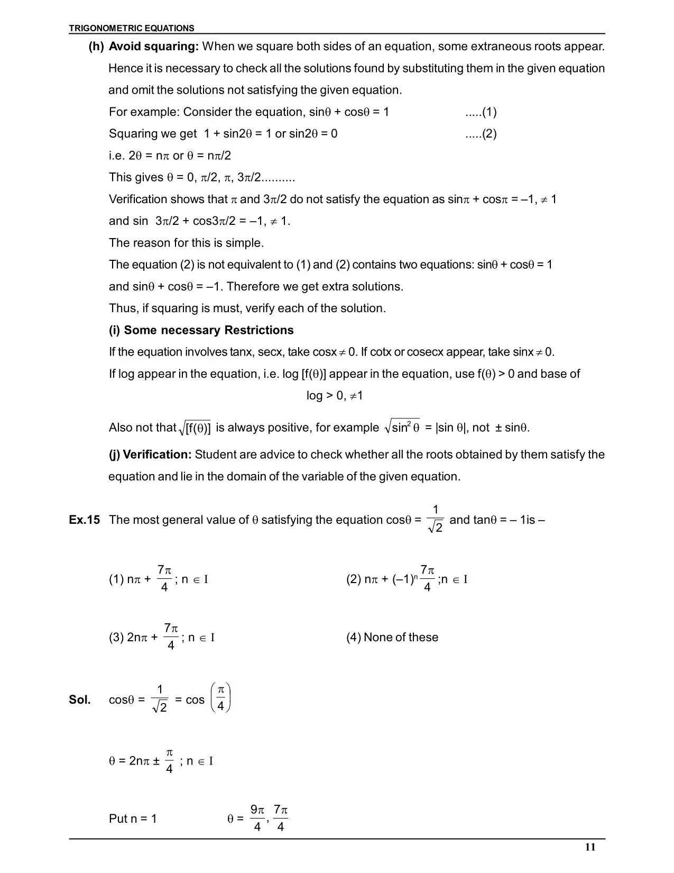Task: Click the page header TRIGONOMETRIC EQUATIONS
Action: point(132,29)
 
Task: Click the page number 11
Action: point(590,847)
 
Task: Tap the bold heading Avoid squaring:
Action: point(153,47)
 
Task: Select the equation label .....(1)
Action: point(481,112)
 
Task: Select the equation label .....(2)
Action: point(481,134)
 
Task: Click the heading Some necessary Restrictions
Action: point(208,330)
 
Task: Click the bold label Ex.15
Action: point(84,520)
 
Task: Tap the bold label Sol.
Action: point(80,700)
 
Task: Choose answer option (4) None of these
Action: point(392,638)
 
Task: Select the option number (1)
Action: point(116,579)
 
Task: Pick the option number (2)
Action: point(354,579)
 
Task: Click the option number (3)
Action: point(116,638)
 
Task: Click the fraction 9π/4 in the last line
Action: point(257,818)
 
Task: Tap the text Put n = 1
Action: point(133,819)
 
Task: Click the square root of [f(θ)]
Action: point(196,428)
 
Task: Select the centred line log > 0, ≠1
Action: point(335,396)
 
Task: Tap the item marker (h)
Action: point(96,47)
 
